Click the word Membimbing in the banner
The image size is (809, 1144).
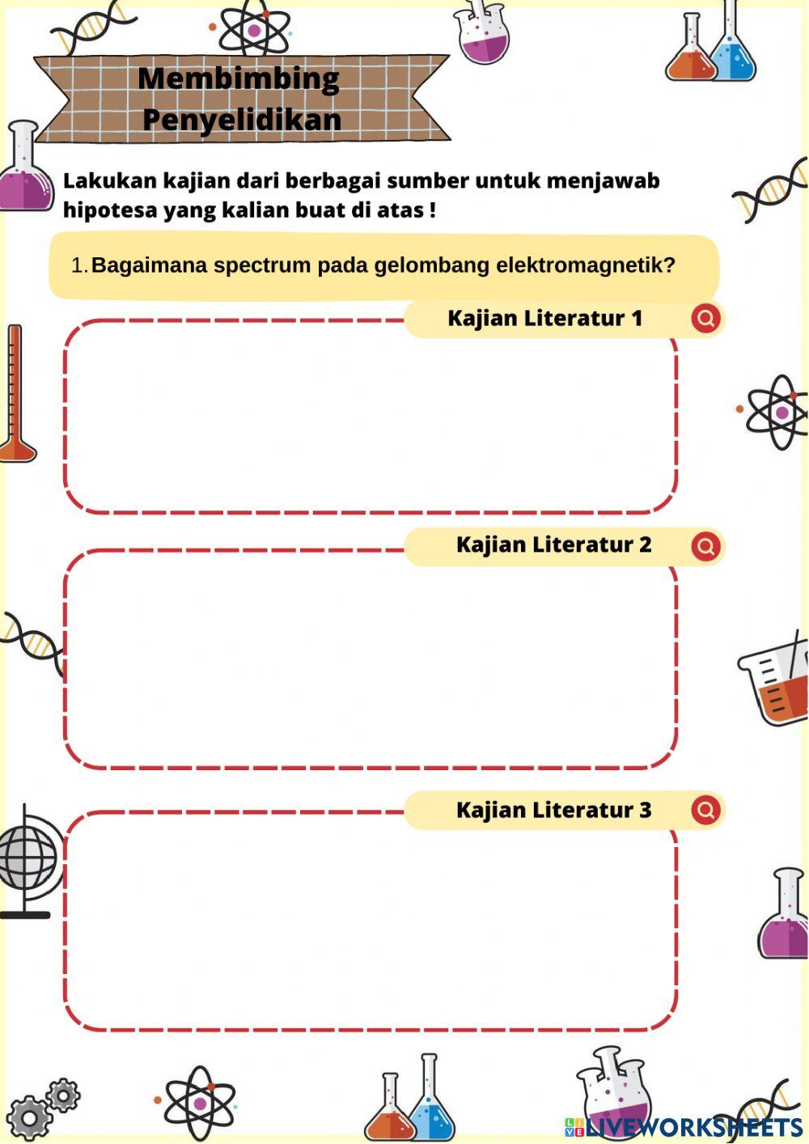click(239, 78)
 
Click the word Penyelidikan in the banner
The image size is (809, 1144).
click(242, 119)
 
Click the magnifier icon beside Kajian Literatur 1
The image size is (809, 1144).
click(705, 318)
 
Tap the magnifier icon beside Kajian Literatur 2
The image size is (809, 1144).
click(705, 545)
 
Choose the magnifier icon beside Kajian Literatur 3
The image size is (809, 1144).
click(705, 810)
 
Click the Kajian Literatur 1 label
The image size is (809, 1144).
click(544, 318)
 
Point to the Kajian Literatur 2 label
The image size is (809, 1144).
click(553, 544)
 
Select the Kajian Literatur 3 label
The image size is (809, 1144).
click(553, 810)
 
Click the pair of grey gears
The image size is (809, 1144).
click(41, 1108)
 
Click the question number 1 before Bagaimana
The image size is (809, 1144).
click(78, 265)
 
